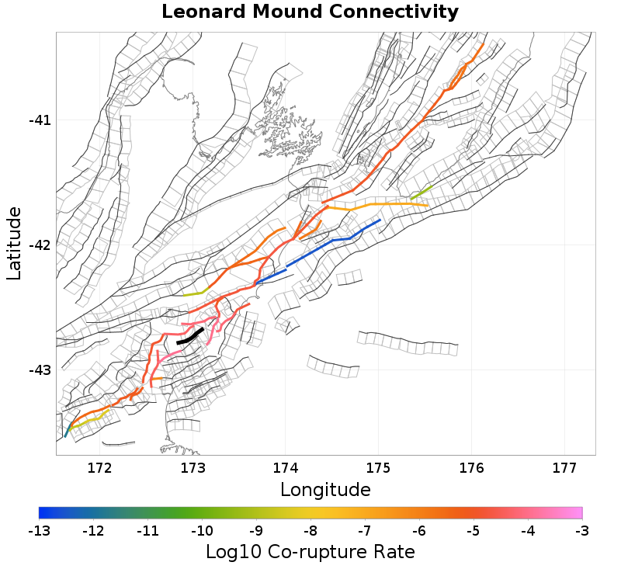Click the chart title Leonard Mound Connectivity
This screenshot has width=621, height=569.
pos(310,12)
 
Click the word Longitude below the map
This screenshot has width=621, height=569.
pos(325,490)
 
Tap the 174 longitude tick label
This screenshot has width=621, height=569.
pos(285,468)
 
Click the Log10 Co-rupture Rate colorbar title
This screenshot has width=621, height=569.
pos(310,552)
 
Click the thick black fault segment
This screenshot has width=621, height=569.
pos(190,336)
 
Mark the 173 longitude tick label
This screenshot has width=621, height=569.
pos(193,468)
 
